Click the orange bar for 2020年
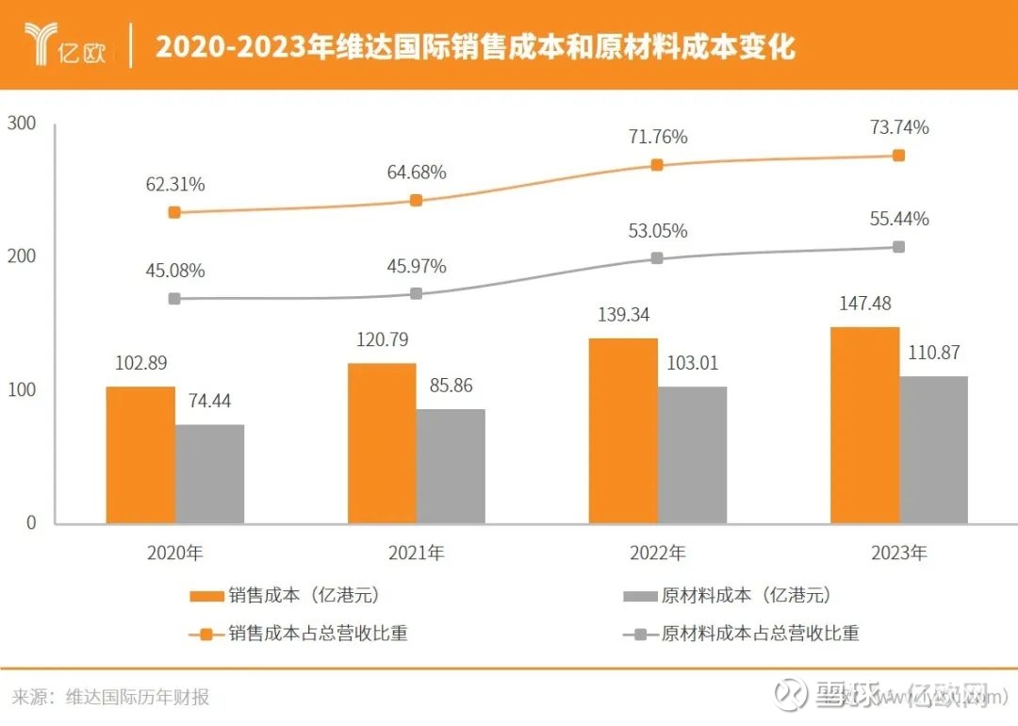(140, 454)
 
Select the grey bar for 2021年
(451, 466)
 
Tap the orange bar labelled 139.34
(623, 431)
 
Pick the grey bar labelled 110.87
(933, 450)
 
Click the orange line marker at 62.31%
(174, 212)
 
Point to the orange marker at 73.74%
(898, 155)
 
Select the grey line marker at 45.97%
(417, 294)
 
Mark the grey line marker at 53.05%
(658, 257)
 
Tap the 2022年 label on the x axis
(658, 553)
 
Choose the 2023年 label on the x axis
(899, 553)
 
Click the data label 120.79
(382, 339)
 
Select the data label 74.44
(210, 400)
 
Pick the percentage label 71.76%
(658, 137)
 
